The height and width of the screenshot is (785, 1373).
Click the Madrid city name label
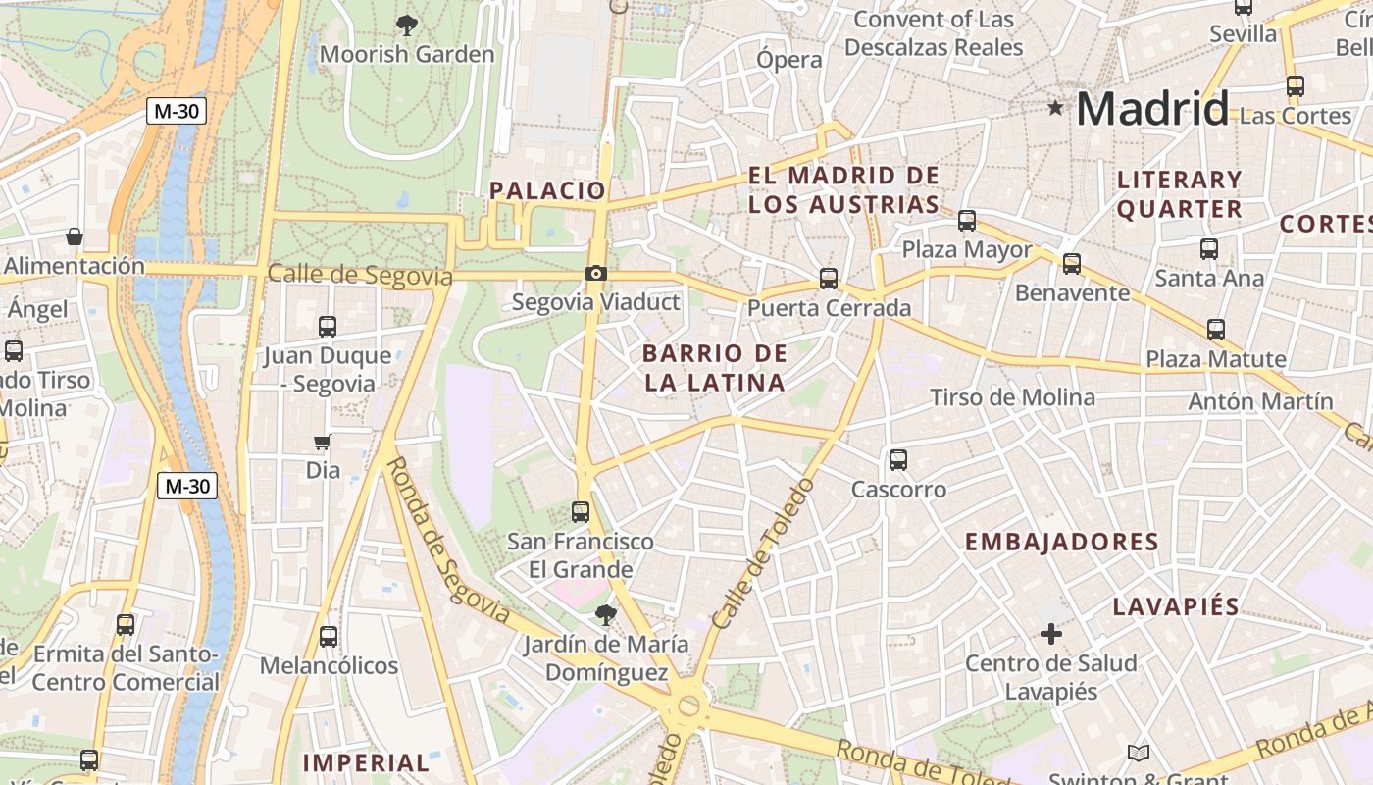1152,108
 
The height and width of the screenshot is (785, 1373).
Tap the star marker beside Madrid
1055,108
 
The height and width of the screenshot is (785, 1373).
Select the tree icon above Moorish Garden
406,26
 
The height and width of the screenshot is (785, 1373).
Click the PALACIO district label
547,190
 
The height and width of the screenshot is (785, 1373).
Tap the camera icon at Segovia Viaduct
595,274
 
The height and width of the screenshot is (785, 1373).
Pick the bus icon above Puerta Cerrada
829,279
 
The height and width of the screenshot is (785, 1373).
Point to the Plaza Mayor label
967,250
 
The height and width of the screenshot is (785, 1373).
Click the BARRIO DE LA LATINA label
716,368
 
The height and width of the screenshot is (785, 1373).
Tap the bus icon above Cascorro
897,459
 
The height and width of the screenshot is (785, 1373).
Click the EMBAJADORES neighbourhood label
1062,542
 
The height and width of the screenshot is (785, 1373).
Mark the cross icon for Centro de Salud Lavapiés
1050,634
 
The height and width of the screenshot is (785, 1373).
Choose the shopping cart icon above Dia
322,443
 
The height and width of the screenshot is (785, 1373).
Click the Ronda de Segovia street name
446,541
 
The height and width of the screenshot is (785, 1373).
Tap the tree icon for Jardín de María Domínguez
605,615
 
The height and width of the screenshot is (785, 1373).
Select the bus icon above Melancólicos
328,637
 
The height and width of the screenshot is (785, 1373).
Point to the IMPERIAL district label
366,762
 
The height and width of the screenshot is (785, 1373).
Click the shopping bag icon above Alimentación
74,236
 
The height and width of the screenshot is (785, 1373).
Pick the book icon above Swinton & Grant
1138,753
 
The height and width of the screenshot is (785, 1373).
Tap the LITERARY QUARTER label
1179,194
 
